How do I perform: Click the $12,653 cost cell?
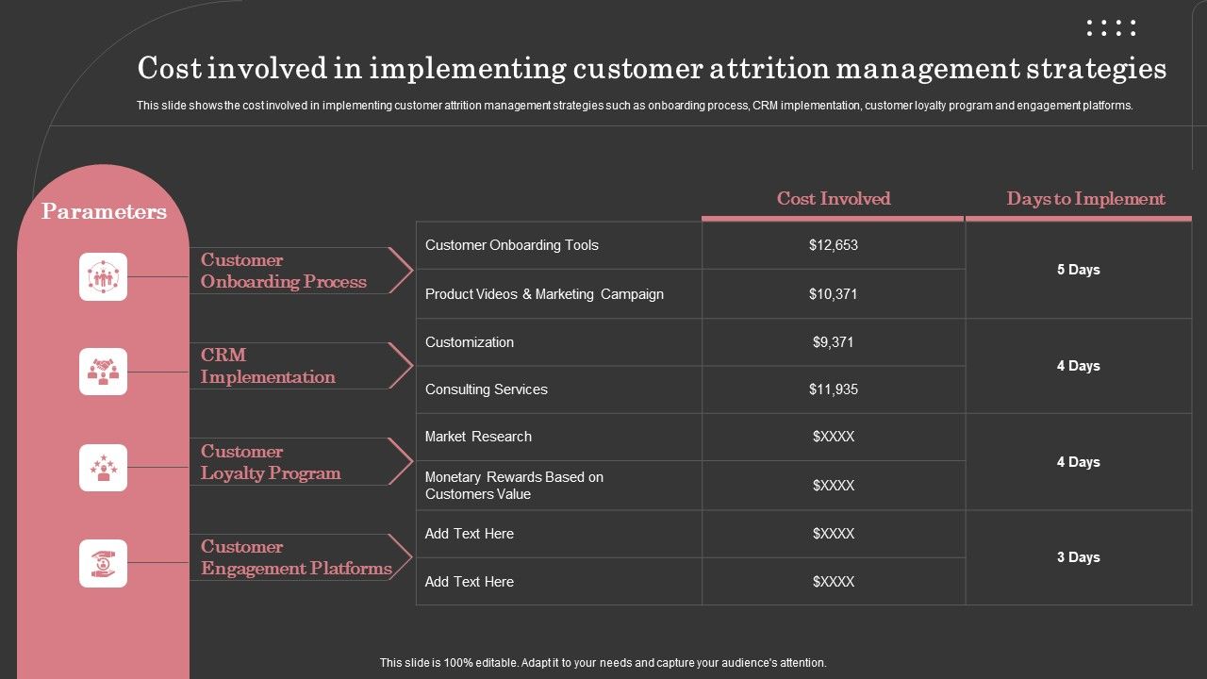834,245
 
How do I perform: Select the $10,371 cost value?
834,294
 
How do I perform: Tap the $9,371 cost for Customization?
834,342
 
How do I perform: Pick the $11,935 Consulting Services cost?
834,389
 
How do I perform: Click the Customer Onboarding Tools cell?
512,245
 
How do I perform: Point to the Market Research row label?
478,437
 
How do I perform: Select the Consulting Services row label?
487,389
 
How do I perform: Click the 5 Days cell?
1079,270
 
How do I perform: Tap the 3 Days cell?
1079,557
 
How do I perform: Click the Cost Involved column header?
834,199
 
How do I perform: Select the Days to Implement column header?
1085,199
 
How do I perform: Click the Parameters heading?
104,212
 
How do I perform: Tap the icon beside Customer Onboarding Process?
103,276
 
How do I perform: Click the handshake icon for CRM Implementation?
103,372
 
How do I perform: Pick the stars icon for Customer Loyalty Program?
103,468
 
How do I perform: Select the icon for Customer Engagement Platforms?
103,563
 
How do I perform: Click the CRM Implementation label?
268,366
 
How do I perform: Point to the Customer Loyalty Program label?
271,462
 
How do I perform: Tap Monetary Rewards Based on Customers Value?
514,486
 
